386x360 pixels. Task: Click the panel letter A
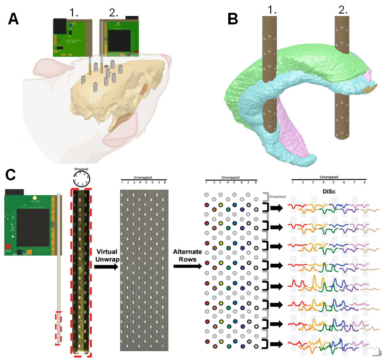tap(14, 19)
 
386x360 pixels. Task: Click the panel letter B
tap(234, 19)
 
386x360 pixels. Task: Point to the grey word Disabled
tap(277, 196)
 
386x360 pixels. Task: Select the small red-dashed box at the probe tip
tap(58, 328)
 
